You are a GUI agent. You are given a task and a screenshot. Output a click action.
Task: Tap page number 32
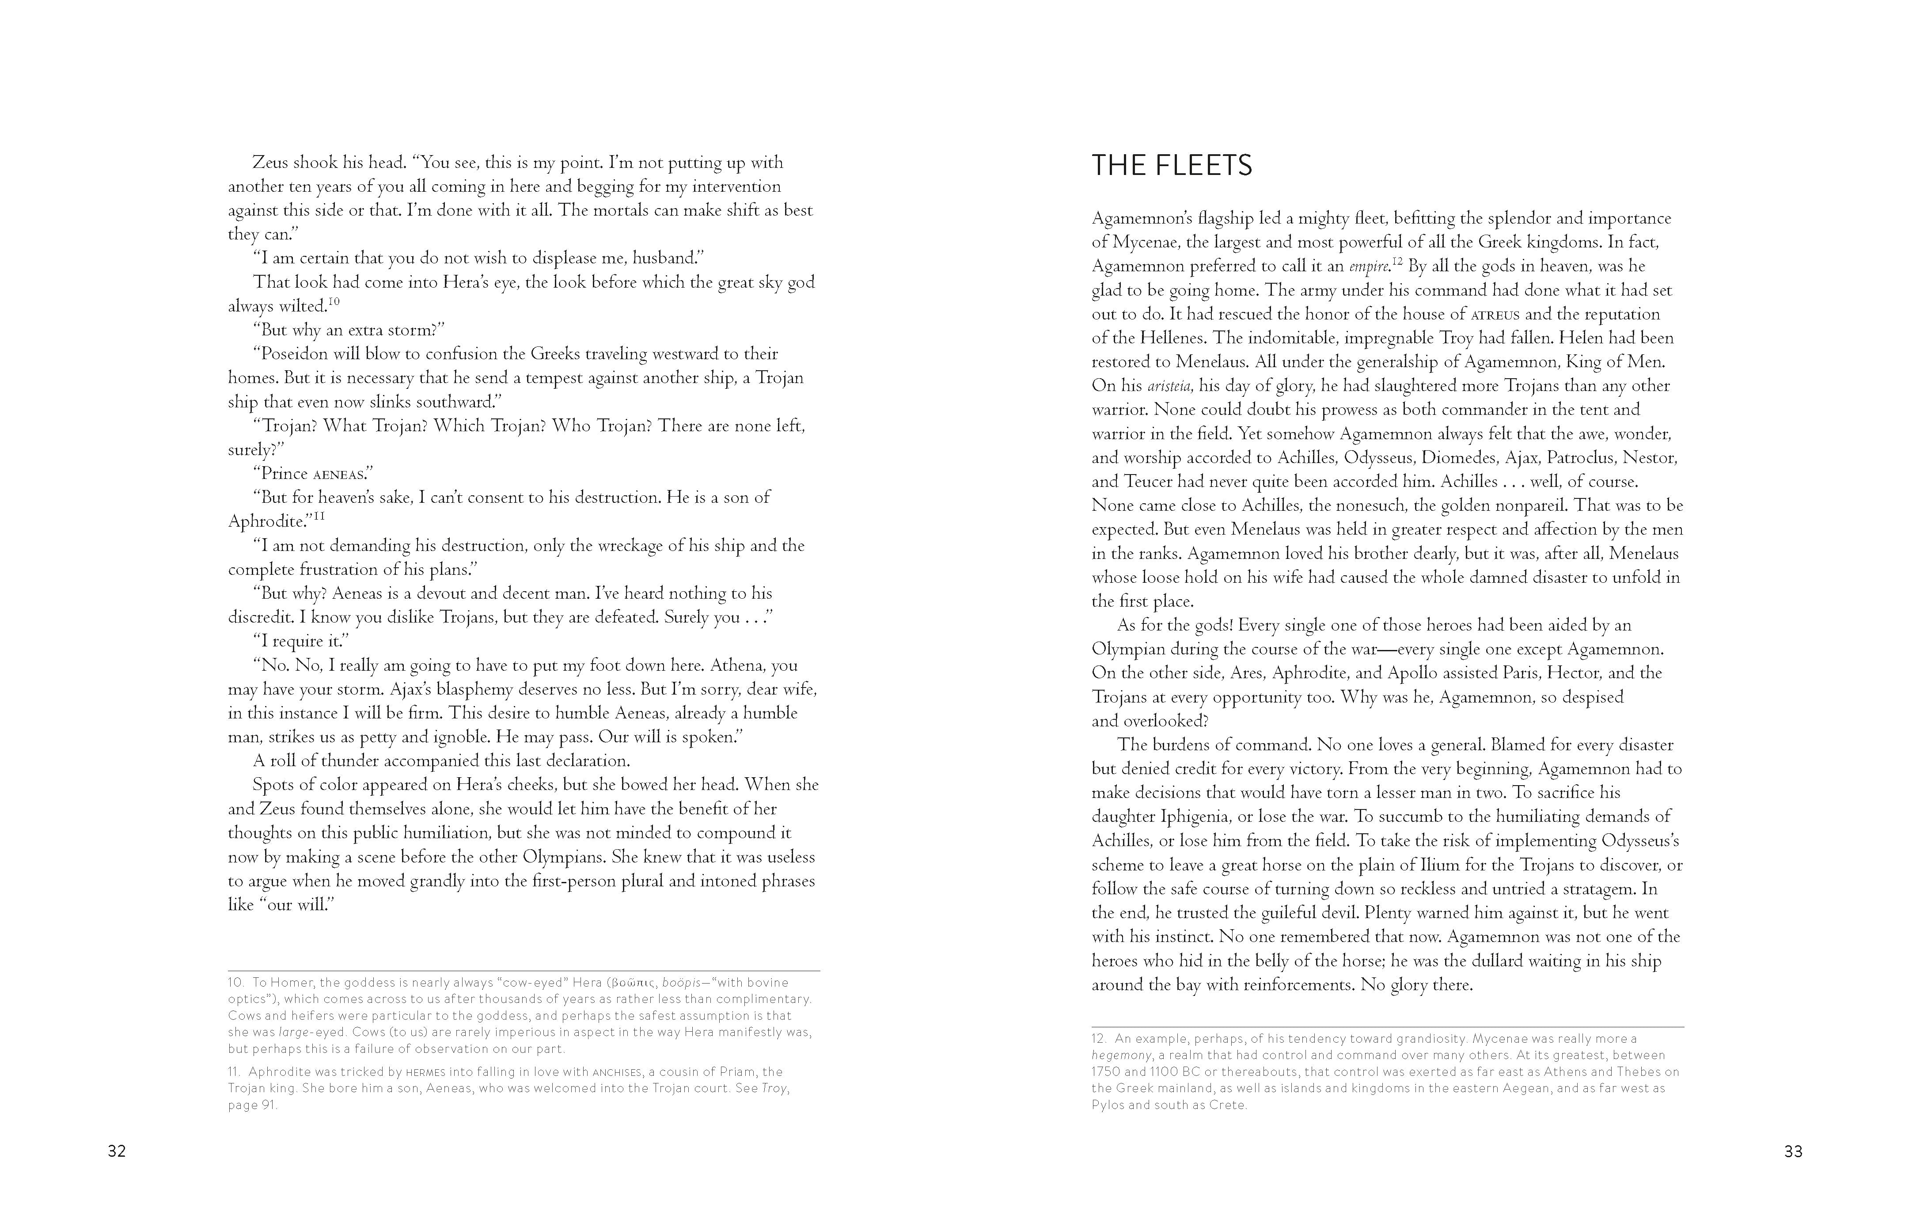(x=117, y=1151)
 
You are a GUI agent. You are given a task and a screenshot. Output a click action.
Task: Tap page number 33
(x=1793, y=1151)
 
